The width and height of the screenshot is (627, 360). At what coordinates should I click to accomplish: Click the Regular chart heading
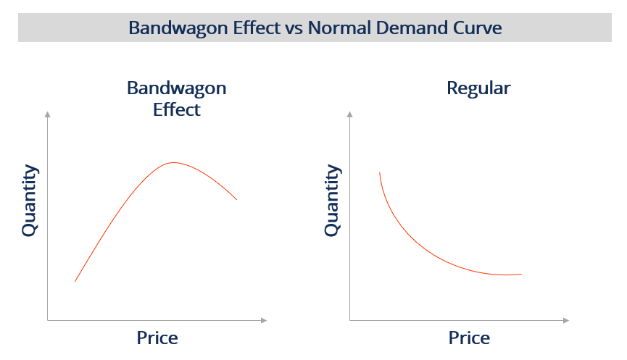[478, 88]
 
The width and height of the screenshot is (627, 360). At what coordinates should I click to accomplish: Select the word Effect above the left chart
[176, 110]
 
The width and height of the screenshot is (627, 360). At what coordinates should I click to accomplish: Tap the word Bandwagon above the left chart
[176, 88]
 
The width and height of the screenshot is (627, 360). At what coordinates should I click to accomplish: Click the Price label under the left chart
[157, 338]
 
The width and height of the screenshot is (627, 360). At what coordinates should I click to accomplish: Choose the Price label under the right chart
[469, 338]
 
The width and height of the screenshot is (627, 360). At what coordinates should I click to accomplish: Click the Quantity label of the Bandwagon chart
[29, 201]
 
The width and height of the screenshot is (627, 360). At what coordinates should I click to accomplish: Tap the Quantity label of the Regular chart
[331, 201]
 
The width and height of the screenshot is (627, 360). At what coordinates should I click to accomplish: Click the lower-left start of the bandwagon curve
[75, 281]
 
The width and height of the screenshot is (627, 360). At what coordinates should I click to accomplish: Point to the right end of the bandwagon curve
[236, 199]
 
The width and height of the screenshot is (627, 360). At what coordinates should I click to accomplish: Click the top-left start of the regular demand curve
[379, 173]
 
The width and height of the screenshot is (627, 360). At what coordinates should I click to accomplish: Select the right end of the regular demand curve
[521, 274]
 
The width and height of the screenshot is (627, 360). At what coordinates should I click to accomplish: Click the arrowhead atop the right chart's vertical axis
[350, 114]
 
